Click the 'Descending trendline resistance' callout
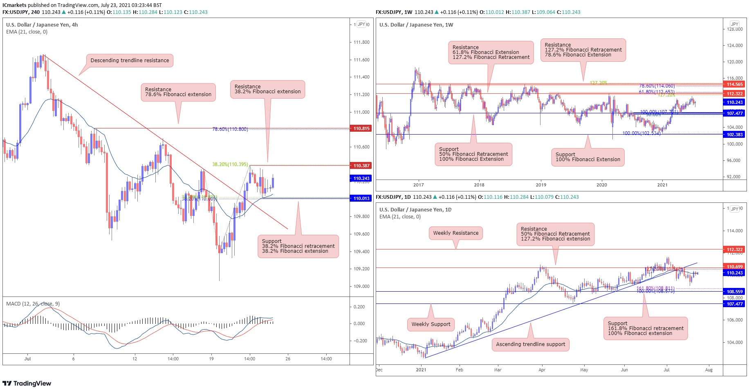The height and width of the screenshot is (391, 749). [x=130, y=61]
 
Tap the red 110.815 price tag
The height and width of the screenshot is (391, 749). [x=361, y=128]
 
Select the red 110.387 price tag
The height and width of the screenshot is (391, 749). [x=361, y=166]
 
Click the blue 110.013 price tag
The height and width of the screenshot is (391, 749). [x=361, y=198]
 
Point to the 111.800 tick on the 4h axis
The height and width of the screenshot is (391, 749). [x=361, y=42]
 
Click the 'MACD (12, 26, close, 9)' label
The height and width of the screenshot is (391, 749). [x=33, y=304]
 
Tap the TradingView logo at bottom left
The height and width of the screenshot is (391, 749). [x=27, y=383]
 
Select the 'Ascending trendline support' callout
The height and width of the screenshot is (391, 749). [x=530, y=344]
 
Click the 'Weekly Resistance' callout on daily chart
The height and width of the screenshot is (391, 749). [x=455, y=233]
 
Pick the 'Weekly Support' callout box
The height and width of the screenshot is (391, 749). [x=431, y=324]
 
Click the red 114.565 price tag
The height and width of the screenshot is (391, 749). [x=734, y=84]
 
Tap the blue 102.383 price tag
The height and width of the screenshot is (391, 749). [x=734, y=135]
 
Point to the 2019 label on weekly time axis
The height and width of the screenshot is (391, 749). [x=540, y=185]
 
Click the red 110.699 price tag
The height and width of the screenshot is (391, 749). [x=734, y=267]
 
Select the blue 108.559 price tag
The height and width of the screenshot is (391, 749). [x=734, y=292]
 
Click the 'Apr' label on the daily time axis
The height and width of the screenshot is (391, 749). [x=542, y=370]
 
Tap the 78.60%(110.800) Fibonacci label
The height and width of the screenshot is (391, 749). [x=230, y=129]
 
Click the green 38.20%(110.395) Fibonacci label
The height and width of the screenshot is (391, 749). [x=230, y=164]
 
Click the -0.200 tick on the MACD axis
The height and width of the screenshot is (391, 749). [x=359, y=341]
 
